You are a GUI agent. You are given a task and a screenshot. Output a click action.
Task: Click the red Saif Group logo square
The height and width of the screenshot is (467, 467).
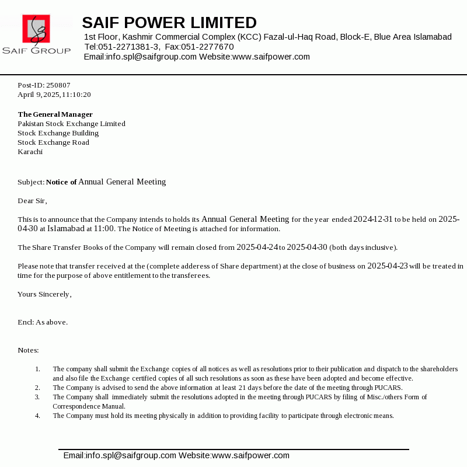tap(36, 29)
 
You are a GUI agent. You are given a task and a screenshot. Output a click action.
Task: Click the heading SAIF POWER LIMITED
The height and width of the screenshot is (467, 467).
tap(169, 23)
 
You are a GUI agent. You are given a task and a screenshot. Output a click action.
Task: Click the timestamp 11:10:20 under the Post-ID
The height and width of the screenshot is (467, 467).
tap(76, 95)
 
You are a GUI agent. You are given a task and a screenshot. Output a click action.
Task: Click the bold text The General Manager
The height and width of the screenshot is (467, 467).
tap(55, 114)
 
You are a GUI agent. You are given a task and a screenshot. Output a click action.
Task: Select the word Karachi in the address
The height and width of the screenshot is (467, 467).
tap(30, 152)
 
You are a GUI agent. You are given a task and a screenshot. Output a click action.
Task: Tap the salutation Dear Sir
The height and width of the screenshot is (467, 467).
tap(32, 201)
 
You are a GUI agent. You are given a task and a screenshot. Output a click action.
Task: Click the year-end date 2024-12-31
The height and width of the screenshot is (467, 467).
tap(372, 219)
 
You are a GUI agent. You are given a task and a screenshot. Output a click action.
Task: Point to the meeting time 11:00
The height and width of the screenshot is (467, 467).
tap(104, 229)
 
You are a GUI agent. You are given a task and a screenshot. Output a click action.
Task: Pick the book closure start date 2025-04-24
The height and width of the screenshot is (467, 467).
tap(257, 248)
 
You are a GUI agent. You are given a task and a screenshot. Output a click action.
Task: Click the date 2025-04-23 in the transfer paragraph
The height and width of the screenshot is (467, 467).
tap(388, 266)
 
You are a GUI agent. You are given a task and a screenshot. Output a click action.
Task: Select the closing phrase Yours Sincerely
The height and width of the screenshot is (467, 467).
tap(44, 294)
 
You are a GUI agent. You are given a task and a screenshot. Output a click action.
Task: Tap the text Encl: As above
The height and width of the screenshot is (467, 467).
tap(43, 322)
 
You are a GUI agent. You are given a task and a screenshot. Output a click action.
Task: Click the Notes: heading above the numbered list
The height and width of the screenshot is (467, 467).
tap(28, 350)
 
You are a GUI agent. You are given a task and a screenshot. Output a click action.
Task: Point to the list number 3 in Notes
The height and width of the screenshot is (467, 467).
tap(37, 397)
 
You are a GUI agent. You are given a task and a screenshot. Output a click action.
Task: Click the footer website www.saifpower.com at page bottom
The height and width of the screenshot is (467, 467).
tap(250, 455)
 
